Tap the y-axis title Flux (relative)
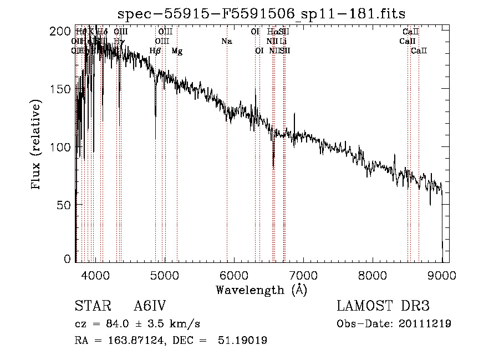[x=37, y=145]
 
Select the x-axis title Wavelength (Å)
[x=261, y=290]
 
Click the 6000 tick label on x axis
[x=234, y=275]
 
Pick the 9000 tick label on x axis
[x=442, y=275]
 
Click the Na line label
[x=226, y=41]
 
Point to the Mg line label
[x=177, y=51]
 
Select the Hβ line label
[x=155, y=51]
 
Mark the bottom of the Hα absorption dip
[x=273, y=165]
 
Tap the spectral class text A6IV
[x=150, y=306]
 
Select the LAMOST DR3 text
[x=383, y=306]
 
